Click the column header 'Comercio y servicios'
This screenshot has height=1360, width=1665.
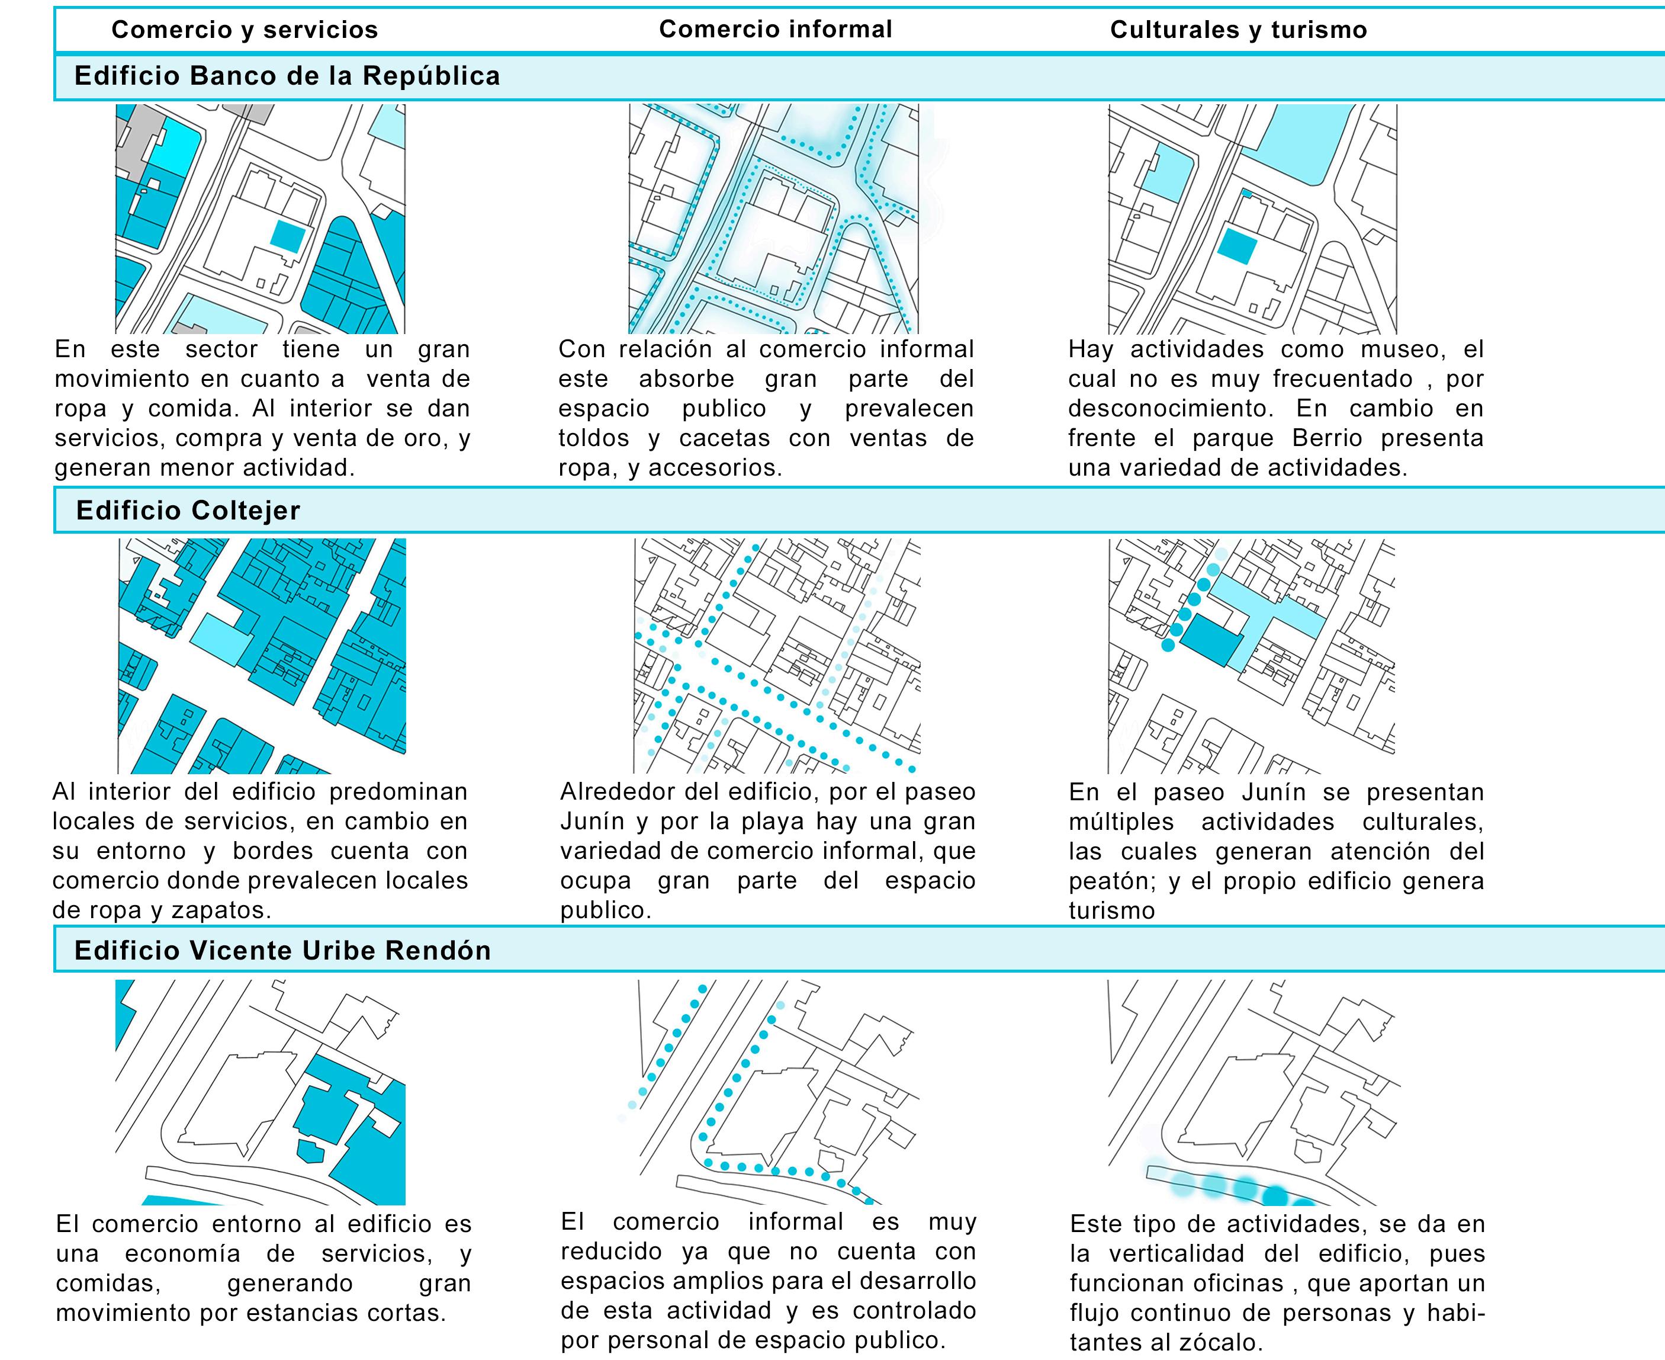point(245,30)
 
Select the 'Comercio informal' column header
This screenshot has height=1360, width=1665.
point(775,29)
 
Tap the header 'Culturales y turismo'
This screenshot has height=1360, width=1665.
point(1238,30)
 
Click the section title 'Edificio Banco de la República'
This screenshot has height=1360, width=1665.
point(287,76)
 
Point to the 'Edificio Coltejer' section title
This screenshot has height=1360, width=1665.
point(188,511)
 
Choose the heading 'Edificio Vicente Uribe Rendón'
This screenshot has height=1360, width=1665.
point(282,950)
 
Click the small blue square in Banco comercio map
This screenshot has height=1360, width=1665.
point(287,236)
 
